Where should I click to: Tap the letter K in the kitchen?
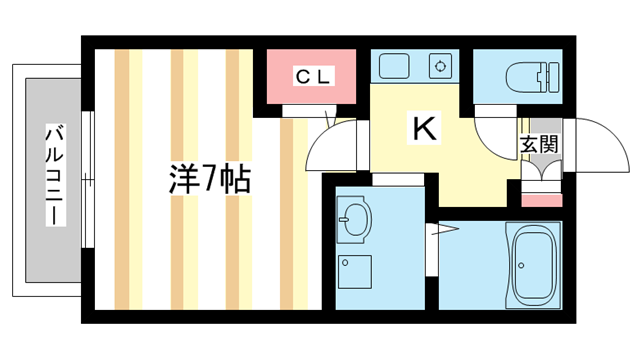pyautogui.click(x=424, y=128)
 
